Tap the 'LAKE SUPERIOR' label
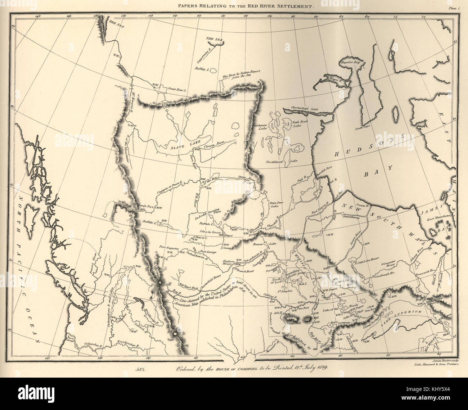(x=406, y=313)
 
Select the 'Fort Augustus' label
(x=169, y=247)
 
